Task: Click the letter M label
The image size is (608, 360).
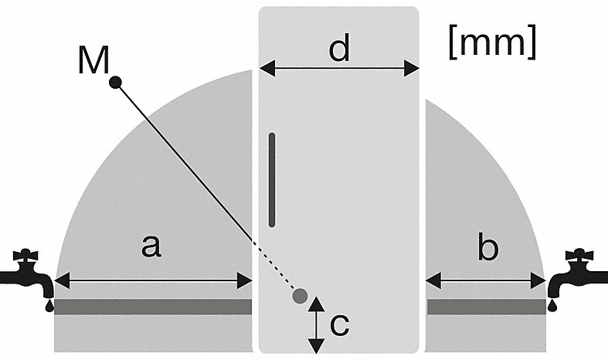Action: [93, 60]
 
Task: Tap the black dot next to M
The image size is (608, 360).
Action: [116, 81]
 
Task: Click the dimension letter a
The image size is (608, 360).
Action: [151, 246]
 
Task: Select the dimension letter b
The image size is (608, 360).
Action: [487, 248]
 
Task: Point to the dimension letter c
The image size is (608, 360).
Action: [339, 325]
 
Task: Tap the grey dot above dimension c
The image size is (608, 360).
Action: [301, 295]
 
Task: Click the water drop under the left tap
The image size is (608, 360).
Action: [50, 305]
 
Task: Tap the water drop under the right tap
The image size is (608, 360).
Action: [552, 305]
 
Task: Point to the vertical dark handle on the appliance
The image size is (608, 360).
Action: [272, 179]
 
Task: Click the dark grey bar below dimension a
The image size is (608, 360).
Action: [153, 307]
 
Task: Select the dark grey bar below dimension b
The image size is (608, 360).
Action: [486, 307]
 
